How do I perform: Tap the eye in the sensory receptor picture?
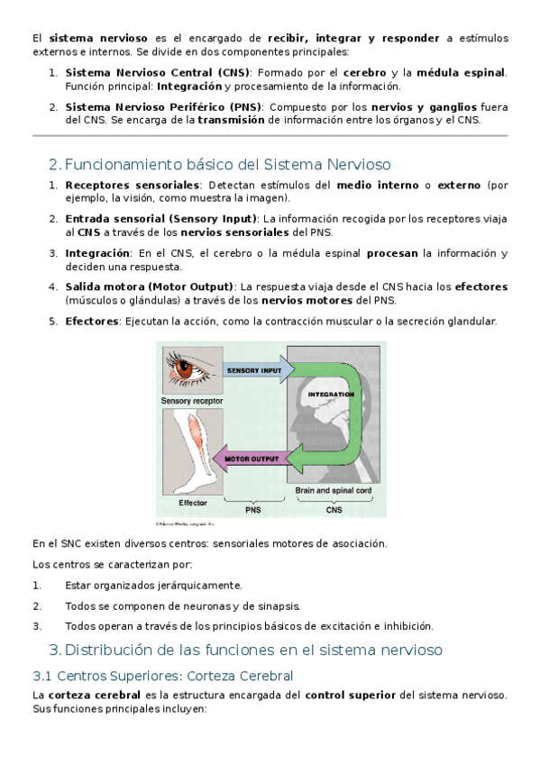[x=187, y=368]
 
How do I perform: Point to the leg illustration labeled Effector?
[x=193, y=451]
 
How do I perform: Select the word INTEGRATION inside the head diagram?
[x=331, y=395]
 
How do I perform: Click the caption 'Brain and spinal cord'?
[x=334, y=490]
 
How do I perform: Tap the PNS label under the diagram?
[x=253, y=510]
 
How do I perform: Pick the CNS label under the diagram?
[x=334, y=510]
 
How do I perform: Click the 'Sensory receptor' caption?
[x=192, y=401]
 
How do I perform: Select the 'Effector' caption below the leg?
[x=193, y=503]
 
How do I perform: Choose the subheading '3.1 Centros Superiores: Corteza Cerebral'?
[x=163, y=676]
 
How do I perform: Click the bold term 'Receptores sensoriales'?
[x=133, y=186]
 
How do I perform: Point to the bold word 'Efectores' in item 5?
[x=92, y=321]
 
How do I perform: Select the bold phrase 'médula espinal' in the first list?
[x=461, y=73]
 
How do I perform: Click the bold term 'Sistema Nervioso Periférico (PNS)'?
[x=163, y=107]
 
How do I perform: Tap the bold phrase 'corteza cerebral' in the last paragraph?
[x=95, y=695]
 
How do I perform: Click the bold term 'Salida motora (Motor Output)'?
[x=149, y=287]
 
